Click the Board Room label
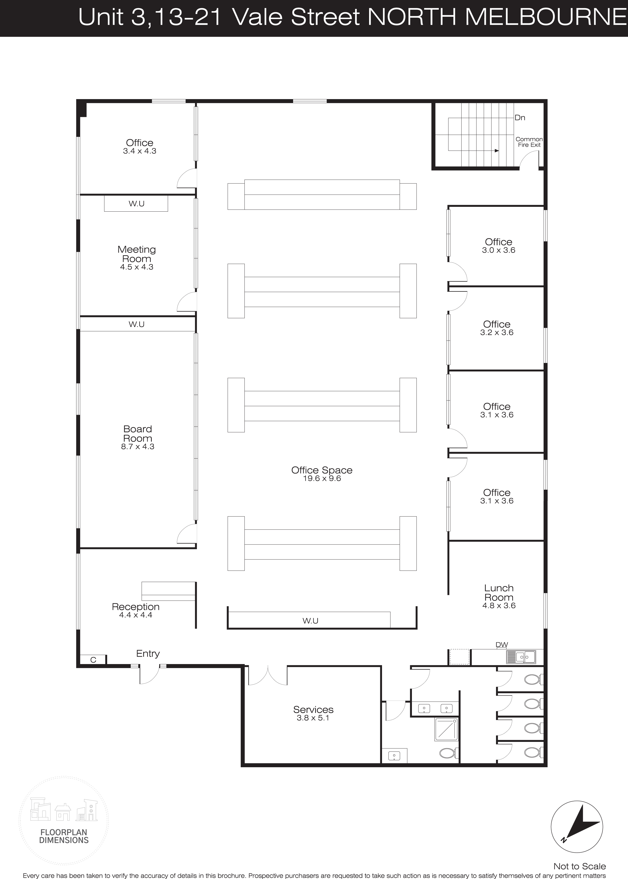pos(138,434)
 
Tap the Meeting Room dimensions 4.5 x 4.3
pos(137,267)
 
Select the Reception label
pos(136,607)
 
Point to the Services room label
pos(313,709)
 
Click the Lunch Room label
pos(499,593)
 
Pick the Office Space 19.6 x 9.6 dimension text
pos(322,479)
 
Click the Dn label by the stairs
pos(520,118)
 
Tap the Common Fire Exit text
pos(529,142)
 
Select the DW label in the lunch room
pos(502,645)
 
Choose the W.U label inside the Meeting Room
pos(137,204)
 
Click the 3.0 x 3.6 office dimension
pos(499,250)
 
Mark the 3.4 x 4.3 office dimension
pos(140,151)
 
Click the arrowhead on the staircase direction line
pos(497,151)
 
